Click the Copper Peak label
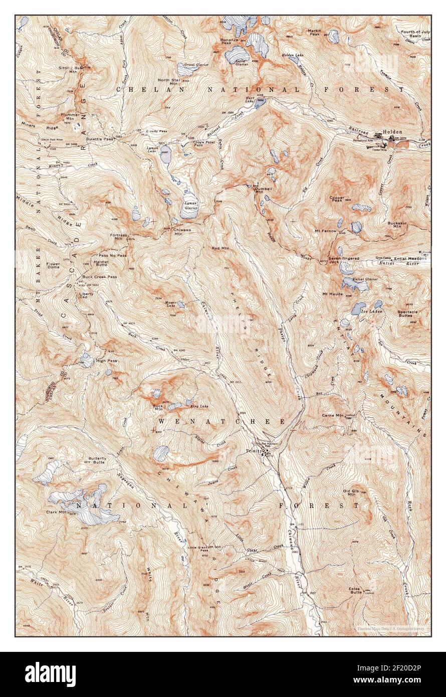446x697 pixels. click(x=337, y=200)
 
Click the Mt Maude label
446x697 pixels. click(x=332, y=293)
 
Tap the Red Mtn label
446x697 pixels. click(x=220, y=248)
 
